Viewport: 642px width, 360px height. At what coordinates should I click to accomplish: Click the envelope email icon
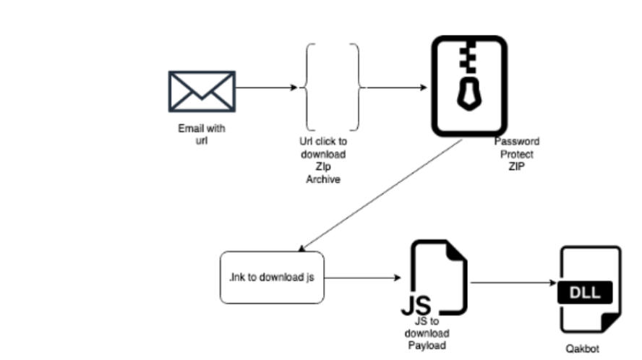(201, 92)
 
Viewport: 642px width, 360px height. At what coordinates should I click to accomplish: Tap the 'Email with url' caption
(202, 134)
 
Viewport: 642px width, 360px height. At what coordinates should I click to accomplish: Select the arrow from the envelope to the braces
(266, 88)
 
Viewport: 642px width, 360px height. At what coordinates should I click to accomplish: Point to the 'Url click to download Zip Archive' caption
(322, 159)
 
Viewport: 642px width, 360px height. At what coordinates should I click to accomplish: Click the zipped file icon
(469, 86)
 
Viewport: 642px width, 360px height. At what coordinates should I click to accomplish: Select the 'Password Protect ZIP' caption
(516, 153)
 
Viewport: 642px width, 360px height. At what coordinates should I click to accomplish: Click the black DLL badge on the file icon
(588, 292)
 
